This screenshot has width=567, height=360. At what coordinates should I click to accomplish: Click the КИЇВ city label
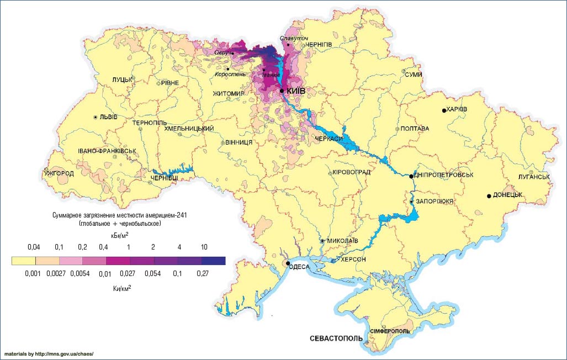tap(296, 91)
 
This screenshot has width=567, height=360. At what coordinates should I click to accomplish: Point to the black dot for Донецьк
tap(489, 196)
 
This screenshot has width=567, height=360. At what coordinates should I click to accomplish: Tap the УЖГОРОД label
tap(59, 173)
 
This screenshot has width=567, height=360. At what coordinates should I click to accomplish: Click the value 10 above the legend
tap(205, 246)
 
